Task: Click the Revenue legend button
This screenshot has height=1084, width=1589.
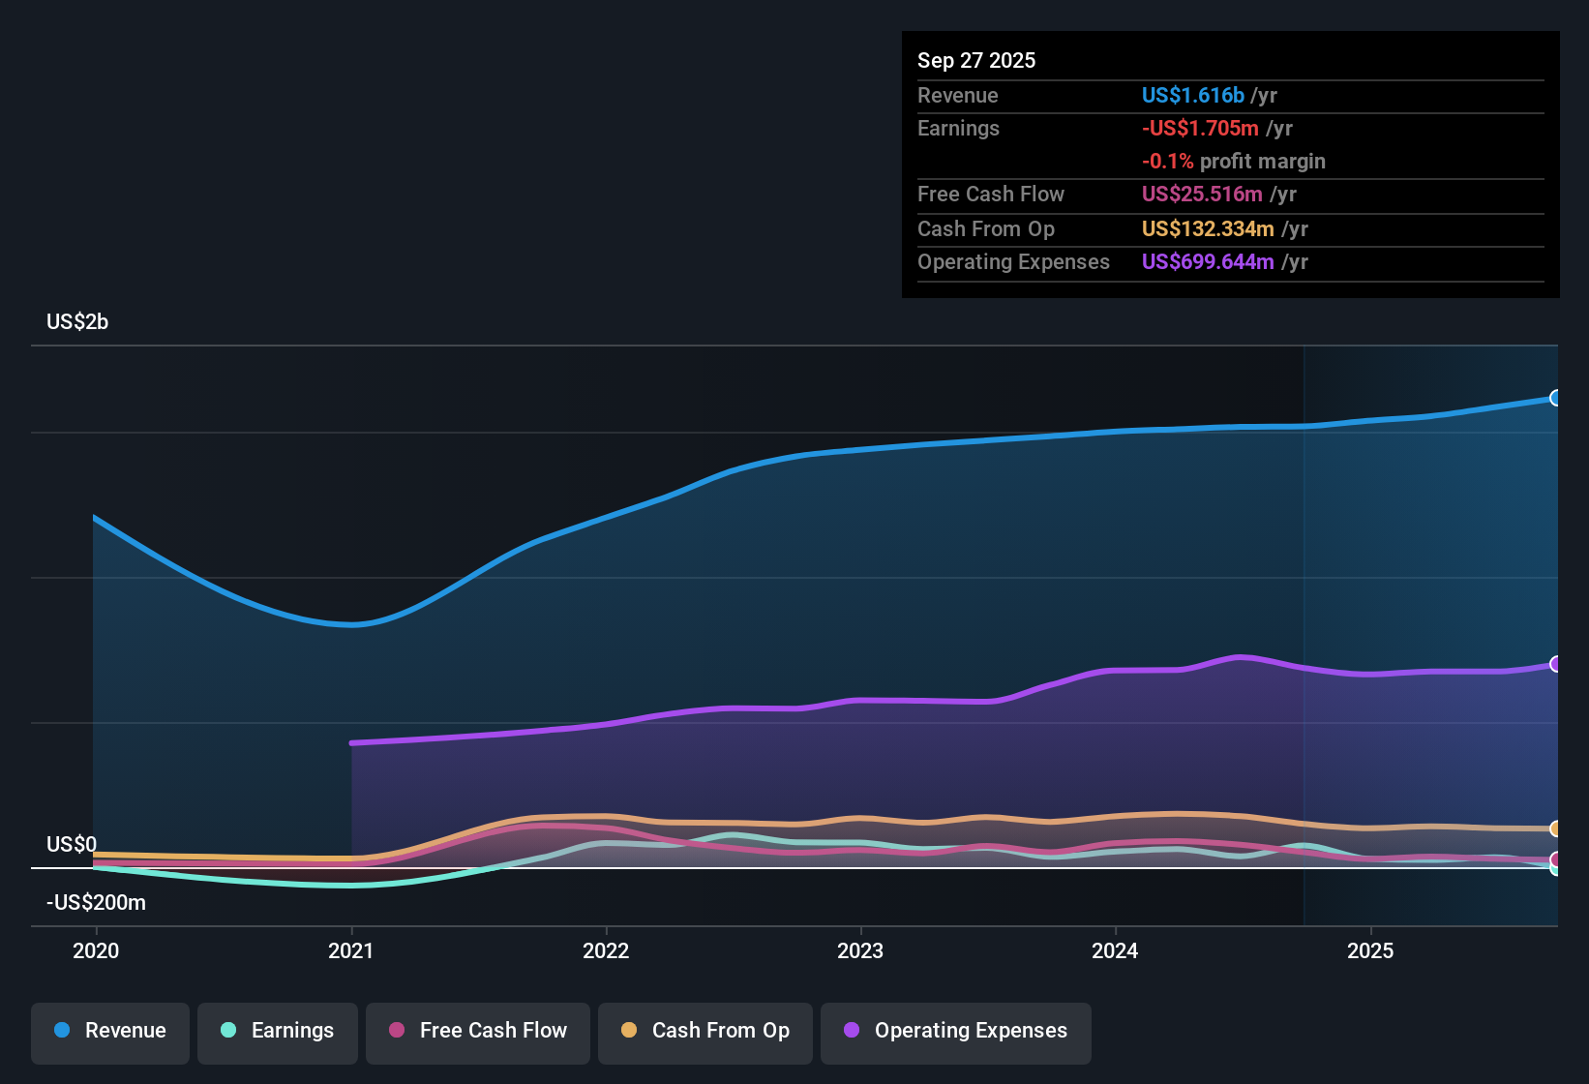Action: pos(110,1031)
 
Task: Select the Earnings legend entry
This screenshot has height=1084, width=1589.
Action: pos(278,1031)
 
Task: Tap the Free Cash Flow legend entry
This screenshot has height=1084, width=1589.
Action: pos(478,1031)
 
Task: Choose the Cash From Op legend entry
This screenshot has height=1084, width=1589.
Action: pos(705,1031)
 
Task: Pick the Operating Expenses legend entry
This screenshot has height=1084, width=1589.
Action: pos(956,1031)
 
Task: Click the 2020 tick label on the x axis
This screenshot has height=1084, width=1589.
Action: pos(96,950)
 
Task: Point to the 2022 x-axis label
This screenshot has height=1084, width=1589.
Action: pos(606,950)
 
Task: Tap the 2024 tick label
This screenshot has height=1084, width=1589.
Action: pos(1115,950)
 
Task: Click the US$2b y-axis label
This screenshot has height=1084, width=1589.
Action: pos(77,322)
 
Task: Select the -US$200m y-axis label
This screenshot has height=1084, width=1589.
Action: pos(96,903)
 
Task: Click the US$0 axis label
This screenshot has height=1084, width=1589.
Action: pos(72,845)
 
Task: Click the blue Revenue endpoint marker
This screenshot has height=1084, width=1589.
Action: pos(1555,398)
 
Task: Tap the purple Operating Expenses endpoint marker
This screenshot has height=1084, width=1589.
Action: pos(1555,664)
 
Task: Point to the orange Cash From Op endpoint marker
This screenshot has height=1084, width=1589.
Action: pos(1555,828)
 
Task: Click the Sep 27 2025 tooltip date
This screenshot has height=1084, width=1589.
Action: pos(976,60)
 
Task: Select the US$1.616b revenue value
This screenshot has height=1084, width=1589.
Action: pos(1192,95)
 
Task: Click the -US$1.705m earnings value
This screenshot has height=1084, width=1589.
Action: pos(1200,128)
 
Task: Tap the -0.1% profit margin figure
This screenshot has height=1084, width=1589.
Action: pos(1167,162)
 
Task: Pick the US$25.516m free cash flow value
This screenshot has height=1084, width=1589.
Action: pos(1202,194)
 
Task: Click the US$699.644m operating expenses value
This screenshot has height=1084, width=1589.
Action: pos(1208,261)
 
